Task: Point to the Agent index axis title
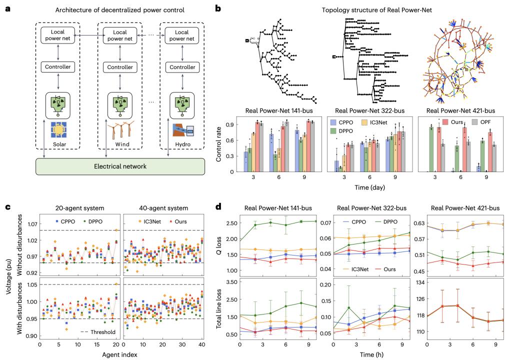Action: tap(121, 355)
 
